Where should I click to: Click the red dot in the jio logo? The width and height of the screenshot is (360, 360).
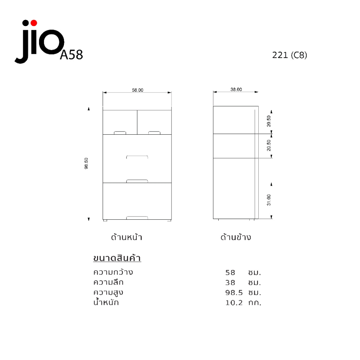[34, 23]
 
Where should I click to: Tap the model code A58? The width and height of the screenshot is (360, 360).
[71, 55]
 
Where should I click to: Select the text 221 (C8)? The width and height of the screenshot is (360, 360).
[290, 55]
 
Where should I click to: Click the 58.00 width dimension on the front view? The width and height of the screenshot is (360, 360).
[137, 90]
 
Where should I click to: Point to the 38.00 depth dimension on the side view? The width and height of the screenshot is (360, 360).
[236, 89]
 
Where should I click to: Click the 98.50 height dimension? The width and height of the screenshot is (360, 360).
[86, 163]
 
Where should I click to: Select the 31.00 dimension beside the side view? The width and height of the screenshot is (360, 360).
[269, 200]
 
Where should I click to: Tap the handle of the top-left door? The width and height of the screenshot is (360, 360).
[120, 133]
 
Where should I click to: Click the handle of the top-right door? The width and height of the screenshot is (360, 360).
[154, 133]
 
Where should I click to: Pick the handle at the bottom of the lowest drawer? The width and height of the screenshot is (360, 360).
[137, 218]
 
